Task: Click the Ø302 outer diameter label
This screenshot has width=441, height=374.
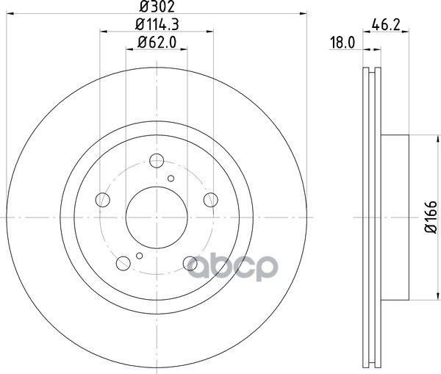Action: [x=157, y=7]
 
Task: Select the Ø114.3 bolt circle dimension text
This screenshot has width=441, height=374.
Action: [x=157, y=24]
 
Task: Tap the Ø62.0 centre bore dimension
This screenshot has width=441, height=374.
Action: [x=157, y=43]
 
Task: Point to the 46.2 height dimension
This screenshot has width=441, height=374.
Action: [x=386, y=25]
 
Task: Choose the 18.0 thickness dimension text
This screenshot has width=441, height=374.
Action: [x=343, y=43]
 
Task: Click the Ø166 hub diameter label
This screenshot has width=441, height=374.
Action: [x=431, y=217]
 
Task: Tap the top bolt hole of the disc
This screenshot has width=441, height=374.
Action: [x=157, y=161]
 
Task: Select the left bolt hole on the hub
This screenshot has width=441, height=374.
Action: [x=103, y=200]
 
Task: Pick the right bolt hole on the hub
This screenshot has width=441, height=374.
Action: [x=211, y=200]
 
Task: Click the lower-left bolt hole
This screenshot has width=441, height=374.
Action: [x=123, y=264]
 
